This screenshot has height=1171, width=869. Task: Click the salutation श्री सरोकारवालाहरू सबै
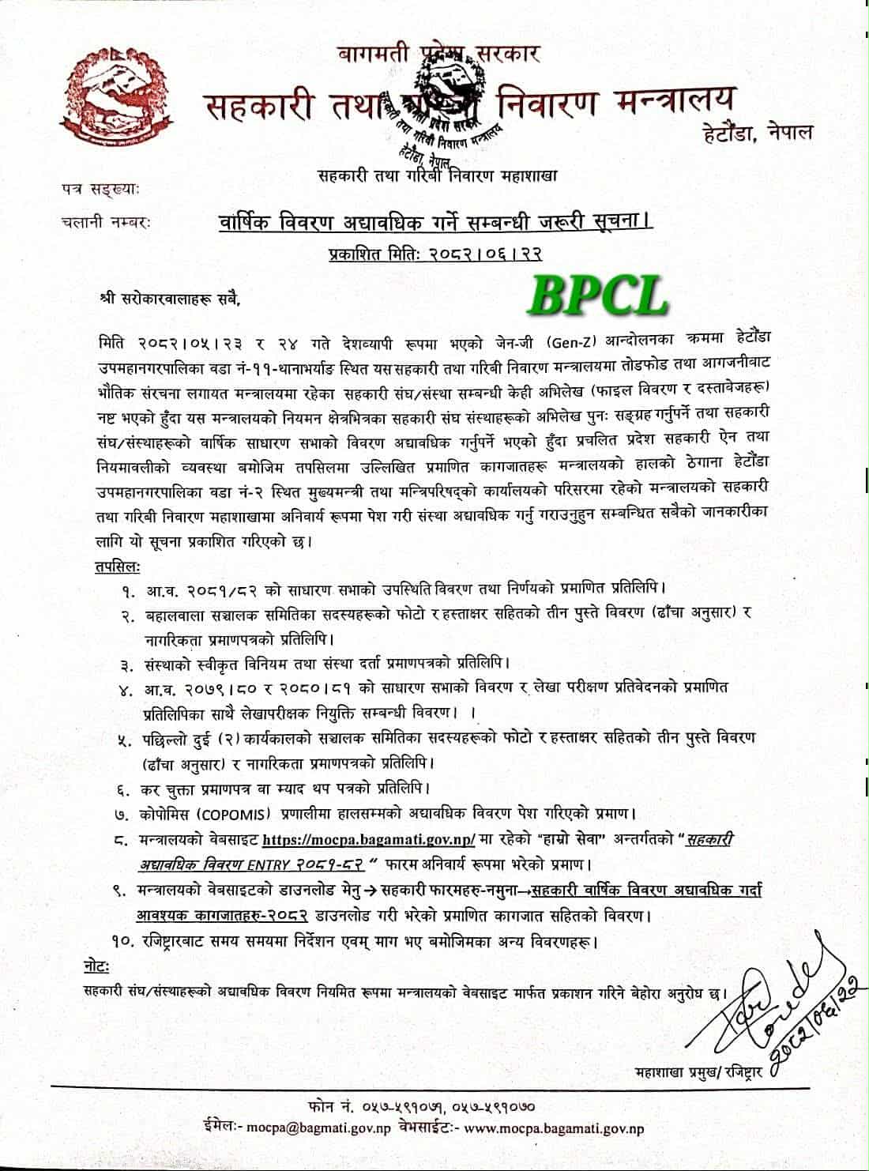click(x=168, y=299)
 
